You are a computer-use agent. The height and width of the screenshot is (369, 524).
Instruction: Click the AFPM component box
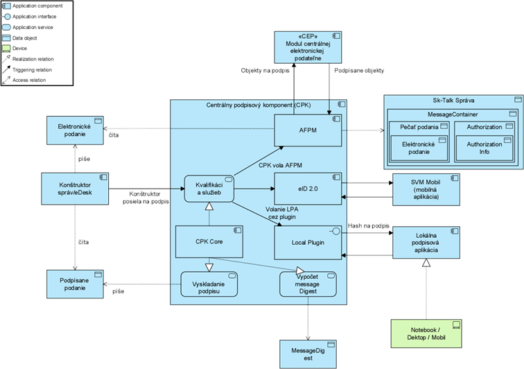tap(308, 130)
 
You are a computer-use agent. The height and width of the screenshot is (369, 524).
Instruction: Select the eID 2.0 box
tap(308, 189)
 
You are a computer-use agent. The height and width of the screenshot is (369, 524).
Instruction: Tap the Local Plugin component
tap(308, 244)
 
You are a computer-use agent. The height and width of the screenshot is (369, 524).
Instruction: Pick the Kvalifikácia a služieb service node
tap(206, 189)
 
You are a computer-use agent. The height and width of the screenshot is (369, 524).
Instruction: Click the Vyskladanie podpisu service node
tap(206, 285)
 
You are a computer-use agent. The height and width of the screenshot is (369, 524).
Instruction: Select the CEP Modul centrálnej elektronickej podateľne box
tap(309, 47)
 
